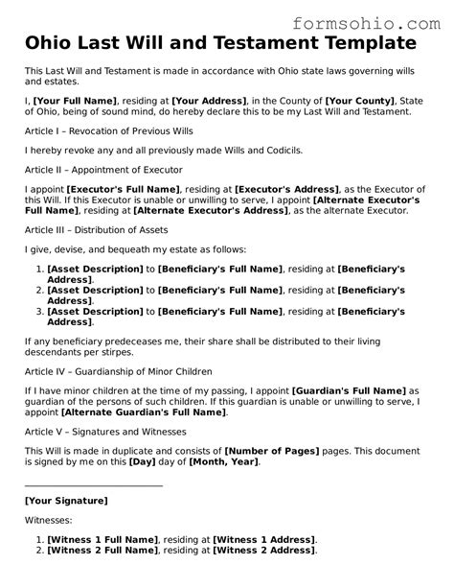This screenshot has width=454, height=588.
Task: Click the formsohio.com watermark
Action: [x=375, y=18]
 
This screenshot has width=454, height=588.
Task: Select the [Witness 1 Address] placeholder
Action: [x=264, y=540]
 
